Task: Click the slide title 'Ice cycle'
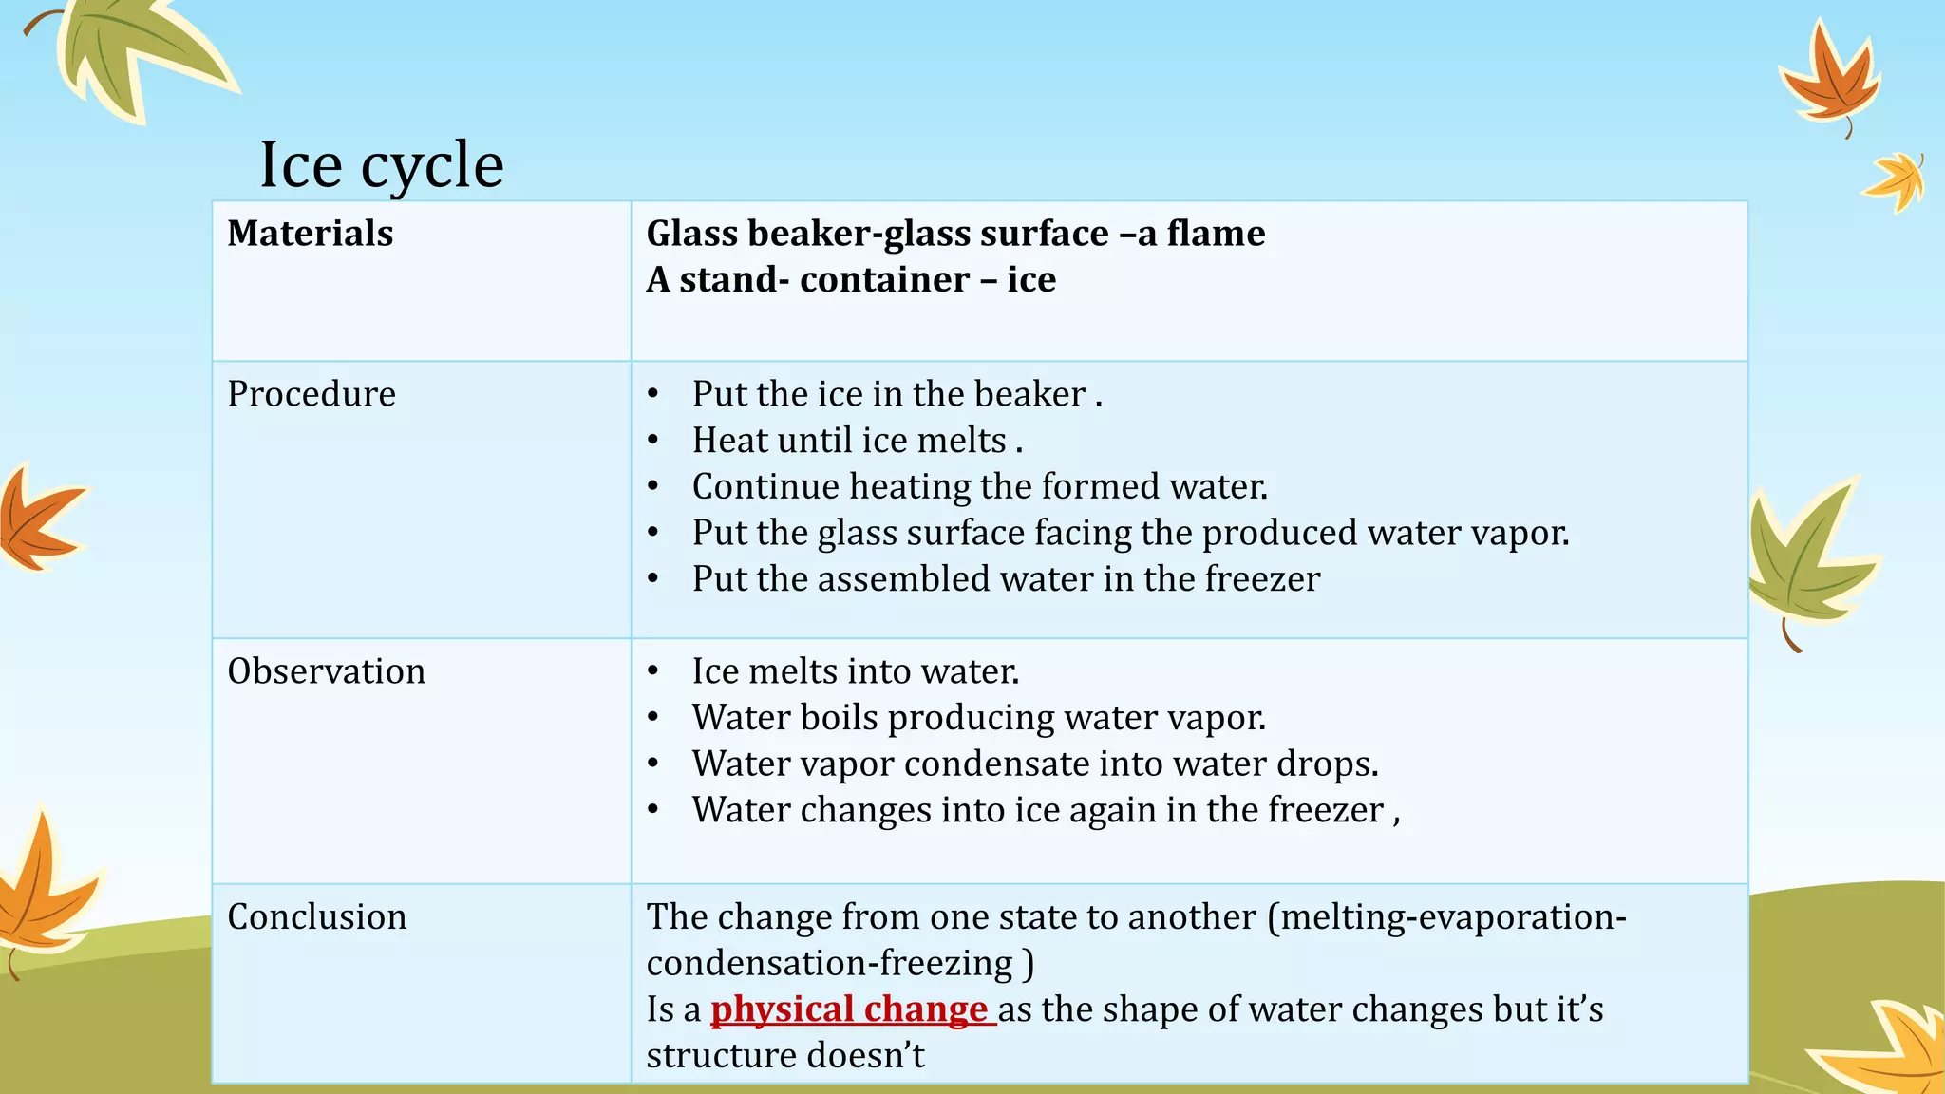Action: tap(381, 165)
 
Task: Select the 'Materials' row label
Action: tap(310, 234)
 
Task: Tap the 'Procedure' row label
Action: tap(312, 394)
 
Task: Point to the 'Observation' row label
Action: tap(326, 671)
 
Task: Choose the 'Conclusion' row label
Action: tap(316, 916)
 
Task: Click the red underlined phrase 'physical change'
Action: tap(850, 1009)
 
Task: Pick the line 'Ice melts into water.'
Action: tap(855, 671)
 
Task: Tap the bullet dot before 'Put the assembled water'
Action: tap(652, 579)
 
